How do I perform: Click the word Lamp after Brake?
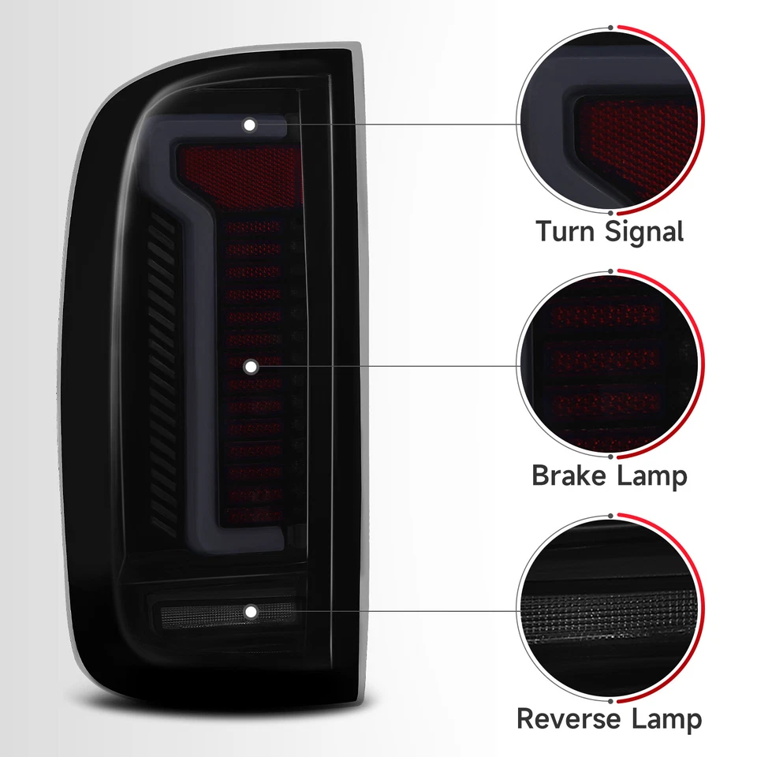point(652,475)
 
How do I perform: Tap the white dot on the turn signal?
point(250,125)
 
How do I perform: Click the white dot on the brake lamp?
point(250,366)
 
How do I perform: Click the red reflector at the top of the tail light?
point(241,170)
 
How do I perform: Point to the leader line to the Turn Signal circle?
point(394,124)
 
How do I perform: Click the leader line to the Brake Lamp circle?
point(394,366)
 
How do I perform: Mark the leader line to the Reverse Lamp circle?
point(394,611)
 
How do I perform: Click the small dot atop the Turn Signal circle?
point(611,25)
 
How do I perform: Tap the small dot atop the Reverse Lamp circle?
point(611,513)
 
